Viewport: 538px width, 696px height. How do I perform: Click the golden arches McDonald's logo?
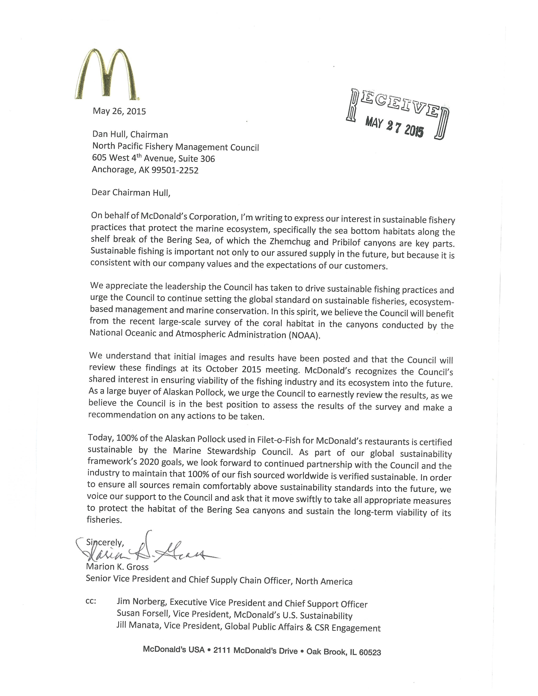pyautogui.click(x=107, y=74)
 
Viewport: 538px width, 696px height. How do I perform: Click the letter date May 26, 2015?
pyautogui.click(x=119, y=111)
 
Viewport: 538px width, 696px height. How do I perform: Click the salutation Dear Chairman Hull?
pyautogui.click(x=131, y=193)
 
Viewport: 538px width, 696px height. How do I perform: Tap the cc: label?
pyautogui.click(x=91, y=600)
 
